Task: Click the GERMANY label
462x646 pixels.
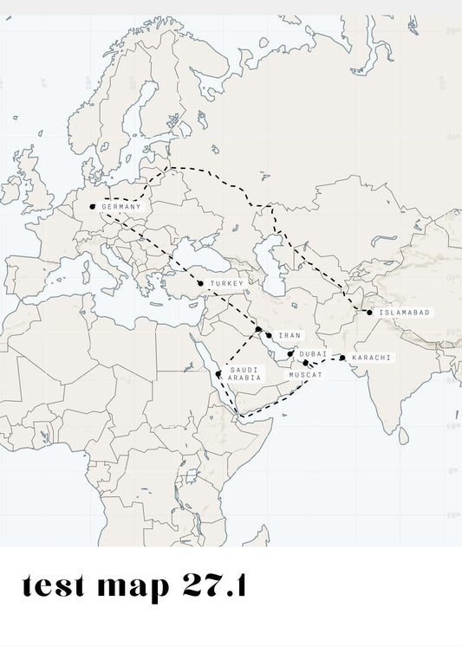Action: point(120,207)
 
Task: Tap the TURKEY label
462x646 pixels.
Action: point(226,283)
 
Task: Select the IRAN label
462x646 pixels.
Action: point(289,335)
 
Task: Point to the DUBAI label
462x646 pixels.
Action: point(313,353)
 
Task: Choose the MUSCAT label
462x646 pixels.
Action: point(305,375)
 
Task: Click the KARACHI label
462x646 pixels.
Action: point(371,358)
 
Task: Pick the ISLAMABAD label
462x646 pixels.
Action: point(403,313)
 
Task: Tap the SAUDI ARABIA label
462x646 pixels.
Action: point(244,374)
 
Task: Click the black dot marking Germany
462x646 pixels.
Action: point(93,206)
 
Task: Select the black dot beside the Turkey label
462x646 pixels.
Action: point(200,283)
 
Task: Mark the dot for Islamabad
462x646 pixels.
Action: point(369,313)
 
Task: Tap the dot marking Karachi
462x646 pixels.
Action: point(342,358)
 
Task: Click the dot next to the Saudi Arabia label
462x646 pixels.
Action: point(218,374)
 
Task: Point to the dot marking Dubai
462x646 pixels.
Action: point(291,353)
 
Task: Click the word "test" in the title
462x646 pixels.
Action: point(53,586)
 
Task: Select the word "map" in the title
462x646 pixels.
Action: point(133,587)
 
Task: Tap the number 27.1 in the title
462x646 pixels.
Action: point(213,586)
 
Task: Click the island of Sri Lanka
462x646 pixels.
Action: point(404,435)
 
